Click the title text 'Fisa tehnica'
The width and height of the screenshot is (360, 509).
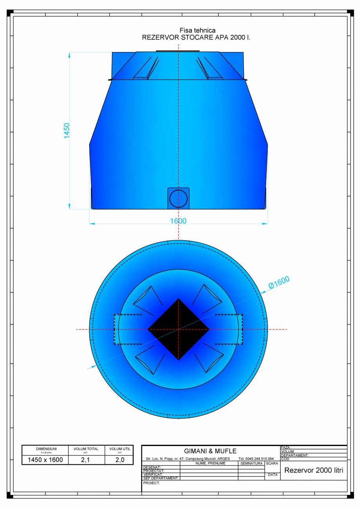point(197,31)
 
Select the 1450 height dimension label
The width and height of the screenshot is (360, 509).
point(67,130)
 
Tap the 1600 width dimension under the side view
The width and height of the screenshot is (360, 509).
point(178,221)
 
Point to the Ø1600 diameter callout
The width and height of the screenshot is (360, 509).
point(279,282)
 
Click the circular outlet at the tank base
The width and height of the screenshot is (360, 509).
point(178,198)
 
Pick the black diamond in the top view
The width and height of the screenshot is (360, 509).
point(178,329)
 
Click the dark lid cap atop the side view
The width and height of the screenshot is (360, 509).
point(178,51)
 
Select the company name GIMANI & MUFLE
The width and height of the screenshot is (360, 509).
point(210,451)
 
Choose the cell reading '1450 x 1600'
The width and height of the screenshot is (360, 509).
point(45,460)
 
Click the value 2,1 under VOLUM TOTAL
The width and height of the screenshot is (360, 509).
point(86,460)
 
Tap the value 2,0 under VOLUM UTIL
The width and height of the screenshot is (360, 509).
point(120,460)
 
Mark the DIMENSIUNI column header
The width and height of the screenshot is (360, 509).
point(46,449)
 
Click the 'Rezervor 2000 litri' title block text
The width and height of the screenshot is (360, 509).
point(313,470)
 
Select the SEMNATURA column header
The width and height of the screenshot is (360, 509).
point(251,463)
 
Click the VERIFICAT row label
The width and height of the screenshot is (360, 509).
point(153,475)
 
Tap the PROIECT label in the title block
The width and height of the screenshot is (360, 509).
point(152,483)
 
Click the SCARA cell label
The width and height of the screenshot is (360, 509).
point(272,463)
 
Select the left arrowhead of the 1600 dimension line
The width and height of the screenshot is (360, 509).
point(92,224)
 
